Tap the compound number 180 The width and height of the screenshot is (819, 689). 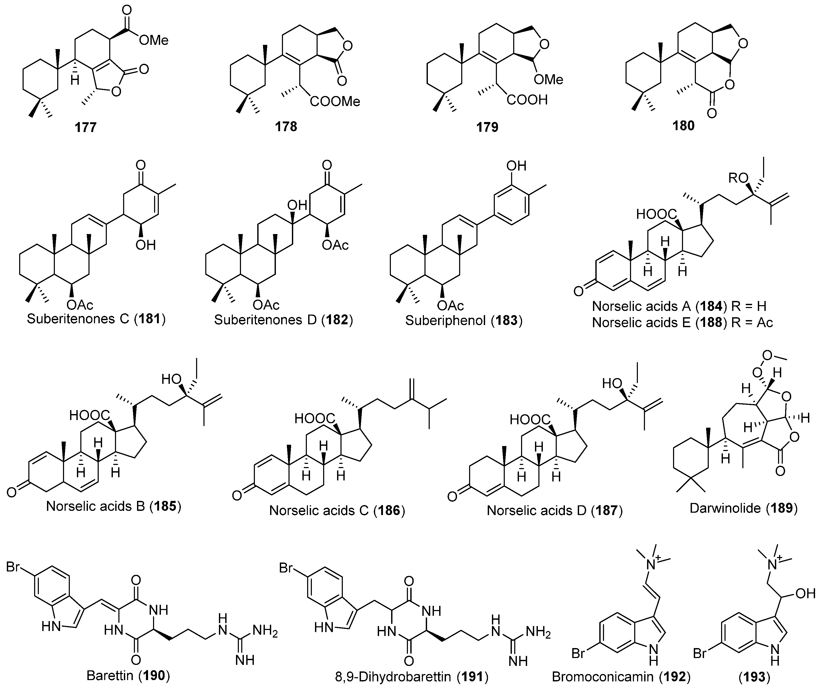(x=683, y=125)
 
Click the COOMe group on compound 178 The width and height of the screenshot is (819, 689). (x=335, y=102)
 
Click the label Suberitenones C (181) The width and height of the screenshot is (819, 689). (x=96, y=319)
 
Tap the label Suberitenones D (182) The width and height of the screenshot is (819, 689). (x=283, y=320)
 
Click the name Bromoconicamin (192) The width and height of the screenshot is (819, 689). (x=621, y=676)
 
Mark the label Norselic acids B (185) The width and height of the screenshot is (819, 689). (x=114, y=506)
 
